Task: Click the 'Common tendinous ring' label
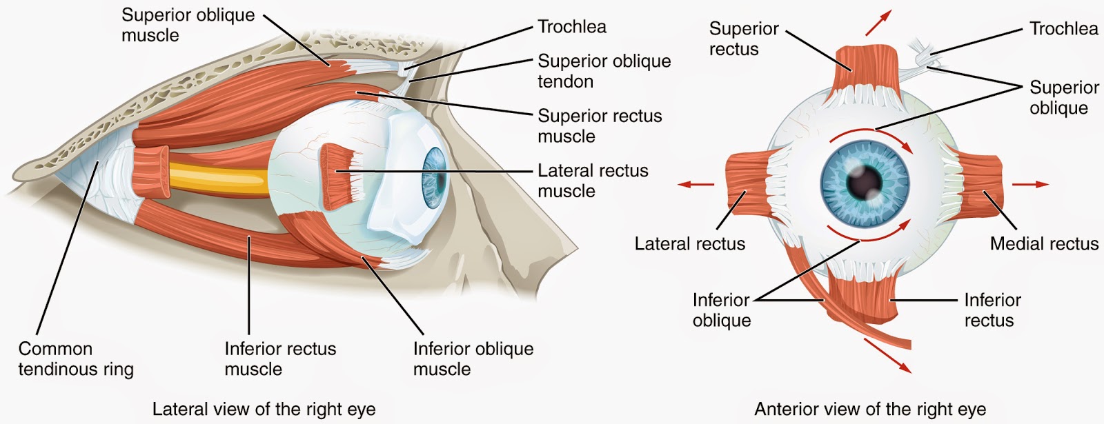click(75, 359)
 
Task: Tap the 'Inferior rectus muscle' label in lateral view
click(280, 359)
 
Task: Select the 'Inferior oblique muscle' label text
click(473, 359)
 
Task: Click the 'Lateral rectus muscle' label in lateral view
click(593, 181)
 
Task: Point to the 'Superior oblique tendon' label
click(604, 71)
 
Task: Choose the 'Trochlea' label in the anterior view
click(1063, 28)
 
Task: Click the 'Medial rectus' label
click(1044, 243)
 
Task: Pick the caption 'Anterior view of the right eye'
click(870, 409)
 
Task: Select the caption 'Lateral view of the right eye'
click(264, 409)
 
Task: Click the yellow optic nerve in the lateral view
click(217, 180)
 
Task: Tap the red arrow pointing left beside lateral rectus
click(695, 184)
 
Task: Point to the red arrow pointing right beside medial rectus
click(1031, 184)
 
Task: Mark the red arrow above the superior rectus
click(878, 23)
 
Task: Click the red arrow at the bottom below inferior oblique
click(887, 354)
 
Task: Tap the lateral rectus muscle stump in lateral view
click(338, 176)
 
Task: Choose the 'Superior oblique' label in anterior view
click(1063, 97)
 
